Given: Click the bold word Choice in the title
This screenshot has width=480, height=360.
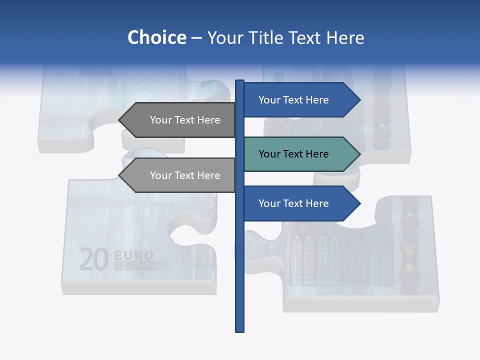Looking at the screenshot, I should coord(156,38).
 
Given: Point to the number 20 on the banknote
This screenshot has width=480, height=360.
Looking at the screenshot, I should coord(94,259).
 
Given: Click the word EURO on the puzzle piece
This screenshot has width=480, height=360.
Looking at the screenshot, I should coord(134,255).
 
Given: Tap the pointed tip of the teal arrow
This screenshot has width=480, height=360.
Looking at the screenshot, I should coord(359,154).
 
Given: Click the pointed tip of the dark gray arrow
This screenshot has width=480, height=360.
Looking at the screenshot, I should coord(120,120).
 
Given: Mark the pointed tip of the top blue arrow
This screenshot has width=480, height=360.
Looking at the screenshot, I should coord(359,100).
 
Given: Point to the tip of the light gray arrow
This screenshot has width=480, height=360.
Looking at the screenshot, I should coord(120,175).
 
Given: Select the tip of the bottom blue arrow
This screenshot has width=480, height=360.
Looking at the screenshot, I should coord(359,203).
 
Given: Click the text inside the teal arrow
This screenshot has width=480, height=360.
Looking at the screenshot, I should coord(293,154).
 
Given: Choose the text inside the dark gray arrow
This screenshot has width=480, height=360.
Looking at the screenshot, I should coord(185,120).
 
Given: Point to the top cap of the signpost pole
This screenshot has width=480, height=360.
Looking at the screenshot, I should coord(239,81).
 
